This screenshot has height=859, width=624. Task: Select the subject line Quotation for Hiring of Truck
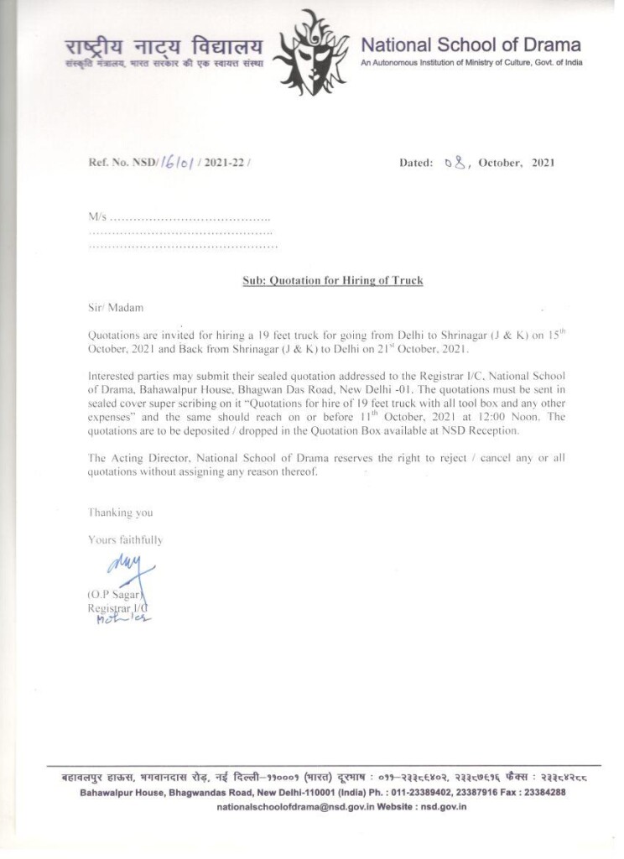(327, 280)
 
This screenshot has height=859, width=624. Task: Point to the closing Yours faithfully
(126, 539)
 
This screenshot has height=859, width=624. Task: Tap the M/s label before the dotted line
(97, 218)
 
